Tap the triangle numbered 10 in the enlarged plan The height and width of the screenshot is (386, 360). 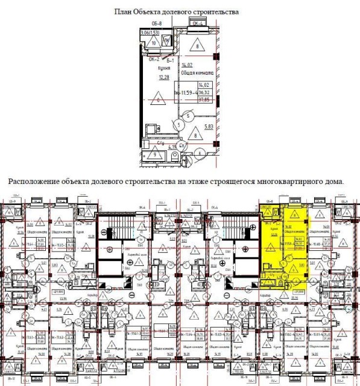coord(153,43)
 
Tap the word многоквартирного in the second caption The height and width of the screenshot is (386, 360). coord(272,182)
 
